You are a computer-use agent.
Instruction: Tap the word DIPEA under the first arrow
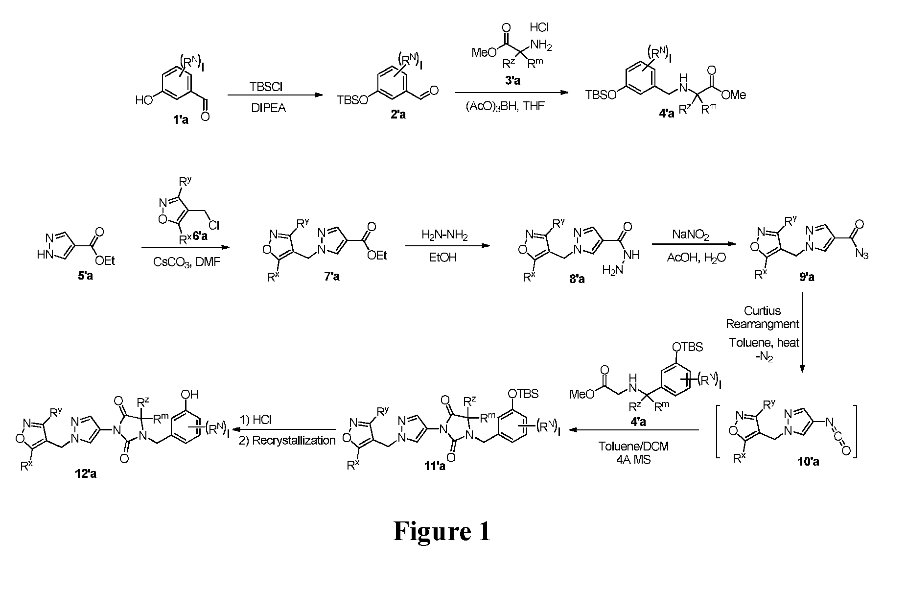268,108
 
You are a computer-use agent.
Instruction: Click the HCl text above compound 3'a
539,28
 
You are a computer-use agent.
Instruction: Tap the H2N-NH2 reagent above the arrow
444,236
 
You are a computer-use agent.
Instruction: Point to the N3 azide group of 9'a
862,254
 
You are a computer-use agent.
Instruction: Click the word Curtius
762,310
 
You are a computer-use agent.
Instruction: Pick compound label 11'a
434,466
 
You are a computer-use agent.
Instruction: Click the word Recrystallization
287,440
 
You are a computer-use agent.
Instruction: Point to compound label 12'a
85,473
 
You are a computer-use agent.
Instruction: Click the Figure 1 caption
442,531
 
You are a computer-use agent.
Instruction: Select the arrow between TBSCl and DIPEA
276,96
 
